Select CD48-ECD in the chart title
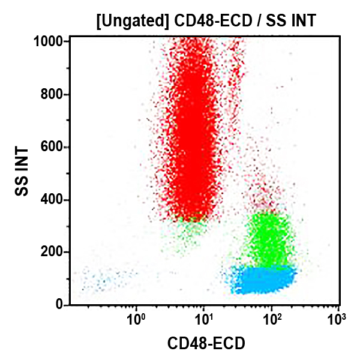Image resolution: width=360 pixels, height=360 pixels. pos(204,22)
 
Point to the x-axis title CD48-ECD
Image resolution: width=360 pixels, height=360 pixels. pos(205,343)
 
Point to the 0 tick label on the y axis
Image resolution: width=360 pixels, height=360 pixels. pos(60,305)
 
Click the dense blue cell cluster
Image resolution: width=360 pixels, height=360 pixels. pos(264,279)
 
